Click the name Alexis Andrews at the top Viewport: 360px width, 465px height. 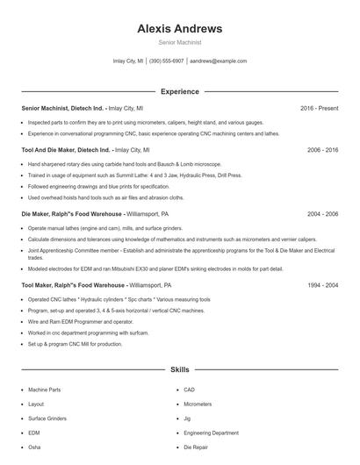tap(179, 28)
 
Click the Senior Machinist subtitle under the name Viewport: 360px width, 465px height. tap(179, 42)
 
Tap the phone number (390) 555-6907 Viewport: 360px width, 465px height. tap(166, 61)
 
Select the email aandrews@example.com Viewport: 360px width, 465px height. tap(219, 61)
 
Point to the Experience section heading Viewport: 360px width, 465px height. tap(179, 91)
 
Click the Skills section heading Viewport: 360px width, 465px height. tap(179, 370)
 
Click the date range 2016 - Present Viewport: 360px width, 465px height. tap(319, 108)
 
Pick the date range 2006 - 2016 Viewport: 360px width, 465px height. tap(322, 150)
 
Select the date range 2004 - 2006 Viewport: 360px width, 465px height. tap(322, 213)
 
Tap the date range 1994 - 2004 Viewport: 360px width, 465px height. tap(322, 285)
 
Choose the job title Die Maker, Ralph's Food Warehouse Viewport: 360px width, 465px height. tap(72, 213)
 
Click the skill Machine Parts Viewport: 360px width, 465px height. tap(44, 390)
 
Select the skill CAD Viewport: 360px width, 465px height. tap(189, 390)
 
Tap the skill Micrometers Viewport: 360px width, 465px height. tap(198, 404)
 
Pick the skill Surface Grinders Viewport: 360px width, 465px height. tap(47, 418)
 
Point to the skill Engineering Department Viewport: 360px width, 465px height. tap(211, 433)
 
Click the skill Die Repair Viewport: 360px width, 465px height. tap(196, 447)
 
